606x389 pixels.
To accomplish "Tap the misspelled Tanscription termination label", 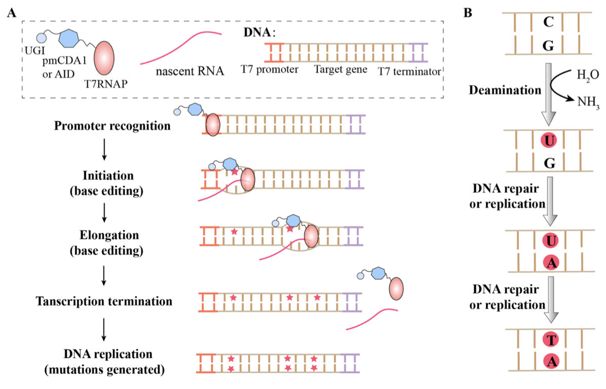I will (104, 300).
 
